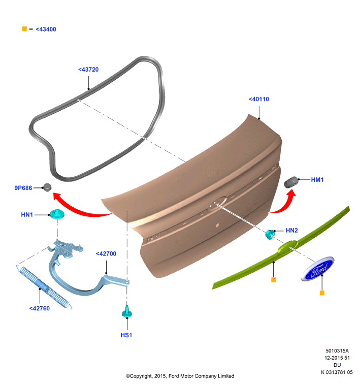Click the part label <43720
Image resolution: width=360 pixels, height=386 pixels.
click(88, 70)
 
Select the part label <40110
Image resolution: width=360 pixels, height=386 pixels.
click(259, 99)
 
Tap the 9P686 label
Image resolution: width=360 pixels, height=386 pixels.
click(23, 188)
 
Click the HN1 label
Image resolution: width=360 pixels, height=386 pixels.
click(27, 215)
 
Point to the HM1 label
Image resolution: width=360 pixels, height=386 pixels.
click(317, 180)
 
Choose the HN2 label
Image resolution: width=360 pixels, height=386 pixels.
click(292, 231)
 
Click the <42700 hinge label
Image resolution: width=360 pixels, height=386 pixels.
click(106, 254)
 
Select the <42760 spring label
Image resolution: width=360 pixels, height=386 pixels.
click(40, 308)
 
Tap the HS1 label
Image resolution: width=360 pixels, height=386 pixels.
click(126, 335)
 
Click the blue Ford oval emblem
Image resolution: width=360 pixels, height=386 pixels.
click(317, 269)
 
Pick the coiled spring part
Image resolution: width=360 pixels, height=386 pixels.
click(44, 287)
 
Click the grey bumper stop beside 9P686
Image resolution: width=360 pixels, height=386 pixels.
click(47, 187)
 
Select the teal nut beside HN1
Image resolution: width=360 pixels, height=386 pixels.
click(57, 214)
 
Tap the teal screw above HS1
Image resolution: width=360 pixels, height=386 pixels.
click(127, 312)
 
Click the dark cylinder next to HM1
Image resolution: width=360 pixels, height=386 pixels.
click(291, 182)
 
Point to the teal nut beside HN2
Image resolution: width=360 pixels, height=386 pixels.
click(270, 234)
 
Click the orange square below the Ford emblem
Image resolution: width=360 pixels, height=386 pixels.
click(322, 293)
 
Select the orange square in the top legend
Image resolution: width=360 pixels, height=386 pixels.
click(24, 29)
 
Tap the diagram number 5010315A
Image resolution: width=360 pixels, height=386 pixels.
click(337, 351)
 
